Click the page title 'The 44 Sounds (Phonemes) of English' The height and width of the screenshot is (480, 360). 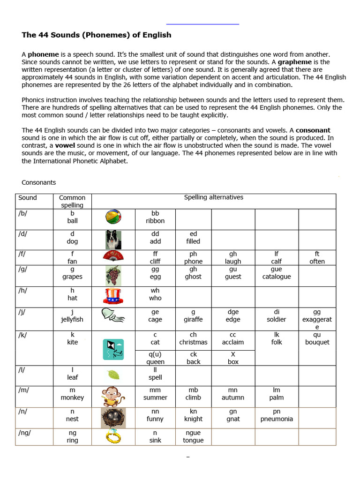point(97,35)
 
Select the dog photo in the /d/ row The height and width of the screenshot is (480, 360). point(113,240)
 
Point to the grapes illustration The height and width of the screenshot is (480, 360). point(113,275)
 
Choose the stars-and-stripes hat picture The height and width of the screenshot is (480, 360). point(113,296)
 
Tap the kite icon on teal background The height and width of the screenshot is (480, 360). point(113,349)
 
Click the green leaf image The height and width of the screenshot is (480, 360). point(113,375)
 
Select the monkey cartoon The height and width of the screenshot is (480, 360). point(113,396)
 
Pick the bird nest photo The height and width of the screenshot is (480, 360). point(113,418)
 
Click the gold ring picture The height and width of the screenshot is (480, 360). point(113,437)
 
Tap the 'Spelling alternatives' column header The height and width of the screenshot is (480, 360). point(213,197)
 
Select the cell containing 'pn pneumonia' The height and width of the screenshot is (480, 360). point(277,415)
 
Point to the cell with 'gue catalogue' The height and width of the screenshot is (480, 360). point(277,273)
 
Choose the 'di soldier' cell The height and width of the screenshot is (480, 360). point(277,315)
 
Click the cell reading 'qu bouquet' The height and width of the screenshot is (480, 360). point(317,338)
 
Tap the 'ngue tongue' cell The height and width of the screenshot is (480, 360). point(193,436)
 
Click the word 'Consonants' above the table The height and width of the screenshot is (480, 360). point(39,182)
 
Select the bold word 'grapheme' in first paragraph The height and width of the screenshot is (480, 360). point(297,62)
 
